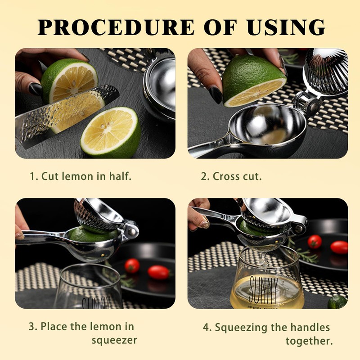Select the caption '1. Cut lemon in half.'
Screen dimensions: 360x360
point(81,176)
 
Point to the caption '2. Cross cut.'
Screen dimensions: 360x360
point(231,176)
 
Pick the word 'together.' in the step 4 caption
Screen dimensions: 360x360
point(309,341)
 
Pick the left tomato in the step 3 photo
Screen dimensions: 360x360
point(132,265)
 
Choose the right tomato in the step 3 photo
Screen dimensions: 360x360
point(158,272)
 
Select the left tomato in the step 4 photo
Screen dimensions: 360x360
point(315,242)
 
